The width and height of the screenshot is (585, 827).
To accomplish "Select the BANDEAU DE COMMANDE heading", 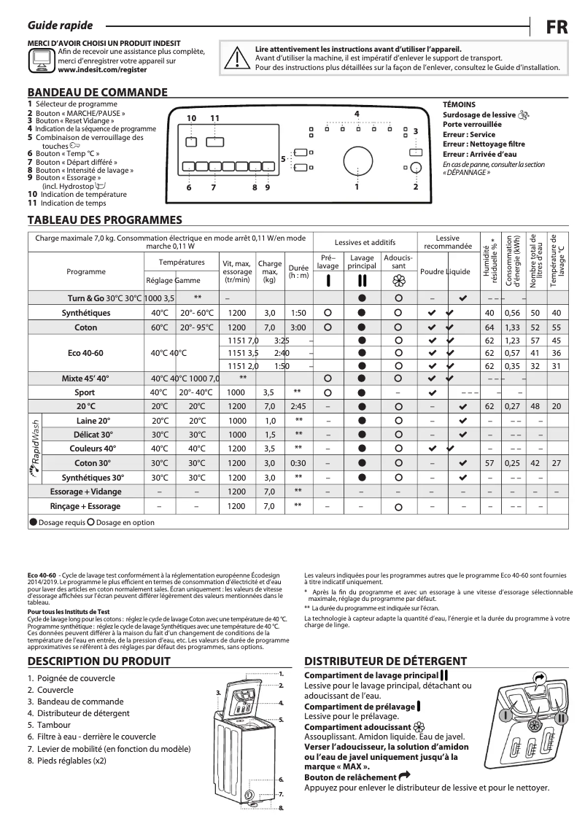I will (97, 93).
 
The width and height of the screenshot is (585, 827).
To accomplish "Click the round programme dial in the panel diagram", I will (356, 160).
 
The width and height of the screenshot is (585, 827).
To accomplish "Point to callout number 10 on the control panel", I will (190, 118).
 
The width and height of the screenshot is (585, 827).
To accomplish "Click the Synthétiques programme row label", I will (86, 313).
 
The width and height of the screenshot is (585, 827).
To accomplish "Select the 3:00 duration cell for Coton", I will (298, 327).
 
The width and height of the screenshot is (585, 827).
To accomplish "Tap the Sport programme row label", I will (86, 392).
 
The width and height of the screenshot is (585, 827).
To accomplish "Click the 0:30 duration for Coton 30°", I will (298, 463).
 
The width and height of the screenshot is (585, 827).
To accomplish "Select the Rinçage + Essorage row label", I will (85, 505).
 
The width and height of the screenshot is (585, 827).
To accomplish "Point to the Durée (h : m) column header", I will (298, 271).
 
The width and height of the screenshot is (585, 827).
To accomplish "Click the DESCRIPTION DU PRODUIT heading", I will (98, 661).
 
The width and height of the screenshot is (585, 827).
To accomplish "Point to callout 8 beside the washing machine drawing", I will (281, 808).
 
